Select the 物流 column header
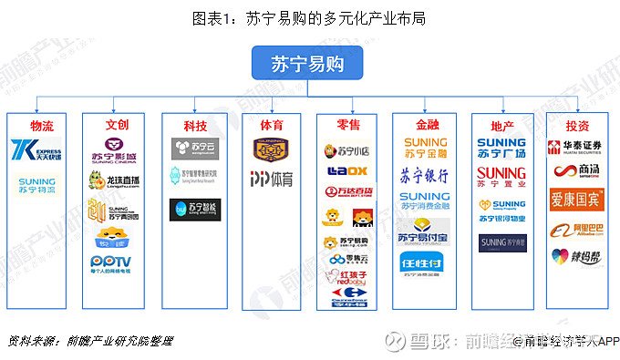41,124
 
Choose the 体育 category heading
271,124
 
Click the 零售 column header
348,124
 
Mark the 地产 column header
501,124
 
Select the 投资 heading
576,124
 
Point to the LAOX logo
346,171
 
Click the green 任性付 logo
424,262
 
